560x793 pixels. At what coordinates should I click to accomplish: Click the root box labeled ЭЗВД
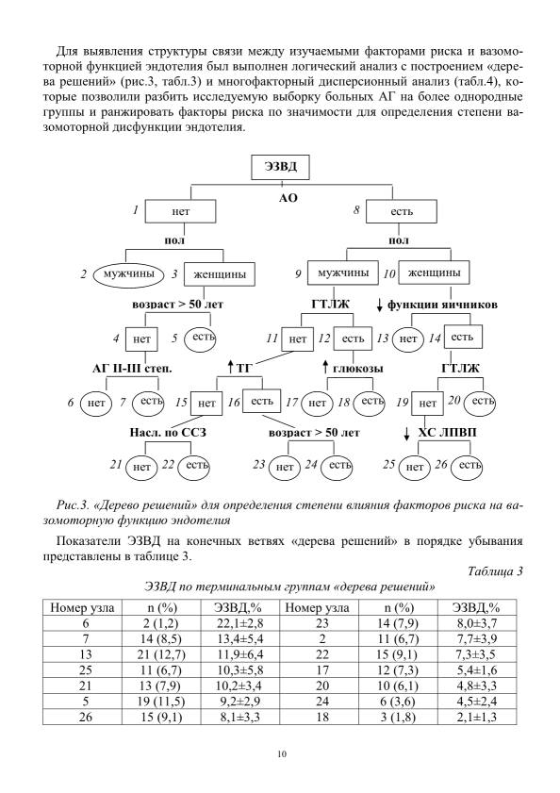point(280,167)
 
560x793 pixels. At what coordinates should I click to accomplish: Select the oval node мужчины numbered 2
point(129,274)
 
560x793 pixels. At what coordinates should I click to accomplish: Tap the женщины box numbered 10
point(434,273)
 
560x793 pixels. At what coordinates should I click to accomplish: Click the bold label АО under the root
point(288,198)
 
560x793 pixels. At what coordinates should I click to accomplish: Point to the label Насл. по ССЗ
point(168,433)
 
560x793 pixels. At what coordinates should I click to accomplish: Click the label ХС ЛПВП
point(447,433)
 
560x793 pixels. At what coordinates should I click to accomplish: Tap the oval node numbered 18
point(369,402)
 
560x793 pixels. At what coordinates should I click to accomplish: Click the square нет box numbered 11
point(298,339)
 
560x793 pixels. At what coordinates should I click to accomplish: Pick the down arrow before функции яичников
point(379,305)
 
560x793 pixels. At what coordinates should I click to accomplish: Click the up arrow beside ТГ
point(230,368)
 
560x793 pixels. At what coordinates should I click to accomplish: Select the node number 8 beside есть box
point(356,209)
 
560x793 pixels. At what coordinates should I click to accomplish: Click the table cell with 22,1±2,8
point(239,623)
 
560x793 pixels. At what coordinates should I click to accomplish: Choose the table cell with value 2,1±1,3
point(476,718)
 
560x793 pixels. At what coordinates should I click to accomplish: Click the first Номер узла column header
point(82,607)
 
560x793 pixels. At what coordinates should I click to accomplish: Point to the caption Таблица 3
point(495,572)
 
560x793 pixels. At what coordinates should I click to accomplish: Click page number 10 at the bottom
point(282,754)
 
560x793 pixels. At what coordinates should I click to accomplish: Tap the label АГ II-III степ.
point(132,368)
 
